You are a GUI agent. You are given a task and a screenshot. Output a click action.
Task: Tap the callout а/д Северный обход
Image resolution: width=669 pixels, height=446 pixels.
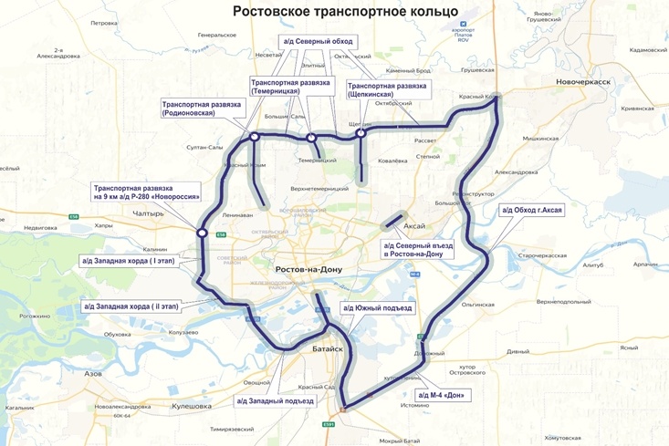point(318,42)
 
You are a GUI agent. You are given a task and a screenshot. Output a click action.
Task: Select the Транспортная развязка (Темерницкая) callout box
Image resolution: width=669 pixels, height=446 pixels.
point(288,87)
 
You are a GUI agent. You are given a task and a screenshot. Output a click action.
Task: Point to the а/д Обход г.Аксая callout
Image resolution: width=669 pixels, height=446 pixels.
point(532,211)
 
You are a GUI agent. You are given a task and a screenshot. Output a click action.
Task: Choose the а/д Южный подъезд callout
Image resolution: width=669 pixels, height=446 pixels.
point(377,308)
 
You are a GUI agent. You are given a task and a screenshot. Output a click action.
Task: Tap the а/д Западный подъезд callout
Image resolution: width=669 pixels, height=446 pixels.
point(275,400)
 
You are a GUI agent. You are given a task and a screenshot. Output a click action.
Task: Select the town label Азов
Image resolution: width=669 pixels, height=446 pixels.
point(93,374)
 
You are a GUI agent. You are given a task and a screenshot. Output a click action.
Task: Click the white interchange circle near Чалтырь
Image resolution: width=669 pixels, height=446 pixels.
point(202,233)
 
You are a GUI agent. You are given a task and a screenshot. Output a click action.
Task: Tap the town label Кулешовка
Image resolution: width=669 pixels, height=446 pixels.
point(192,406)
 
